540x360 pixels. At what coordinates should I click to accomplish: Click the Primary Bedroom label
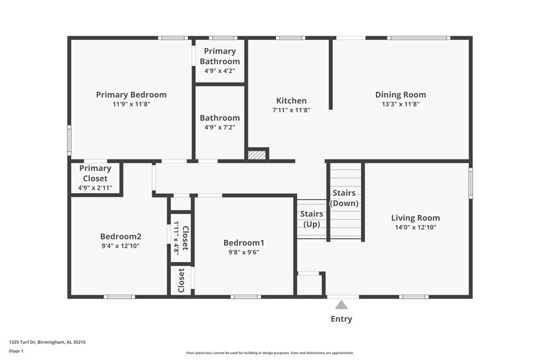(131, 95)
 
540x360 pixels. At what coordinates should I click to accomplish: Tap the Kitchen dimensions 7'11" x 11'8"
(291, 110)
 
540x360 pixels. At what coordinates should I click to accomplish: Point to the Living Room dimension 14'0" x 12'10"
(415, 228)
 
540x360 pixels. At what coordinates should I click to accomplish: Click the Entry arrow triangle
(342, 305)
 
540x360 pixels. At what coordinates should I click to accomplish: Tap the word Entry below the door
(341, 319)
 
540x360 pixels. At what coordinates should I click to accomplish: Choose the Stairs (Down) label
(344, 198)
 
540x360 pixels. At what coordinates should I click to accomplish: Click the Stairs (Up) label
(311, 219)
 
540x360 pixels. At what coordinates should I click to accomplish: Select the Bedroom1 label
(243, 242)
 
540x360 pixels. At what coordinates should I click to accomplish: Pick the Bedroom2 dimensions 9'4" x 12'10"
(121, 246)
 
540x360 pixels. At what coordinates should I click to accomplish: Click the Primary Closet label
(95, 174)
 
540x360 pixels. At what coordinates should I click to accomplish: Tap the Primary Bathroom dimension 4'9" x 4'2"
(219, 70)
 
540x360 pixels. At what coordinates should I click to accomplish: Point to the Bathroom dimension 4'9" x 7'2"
(219, 127)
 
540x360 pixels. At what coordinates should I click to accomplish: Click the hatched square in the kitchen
(256, 155)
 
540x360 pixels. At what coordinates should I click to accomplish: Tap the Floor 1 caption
(16, 351)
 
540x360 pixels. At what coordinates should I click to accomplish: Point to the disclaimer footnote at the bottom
(269, 353)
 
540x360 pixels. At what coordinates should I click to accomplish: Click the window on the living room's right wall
(470, 182)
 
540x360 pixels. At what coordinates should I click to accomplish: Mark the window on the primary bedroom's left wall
(69, 140)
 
